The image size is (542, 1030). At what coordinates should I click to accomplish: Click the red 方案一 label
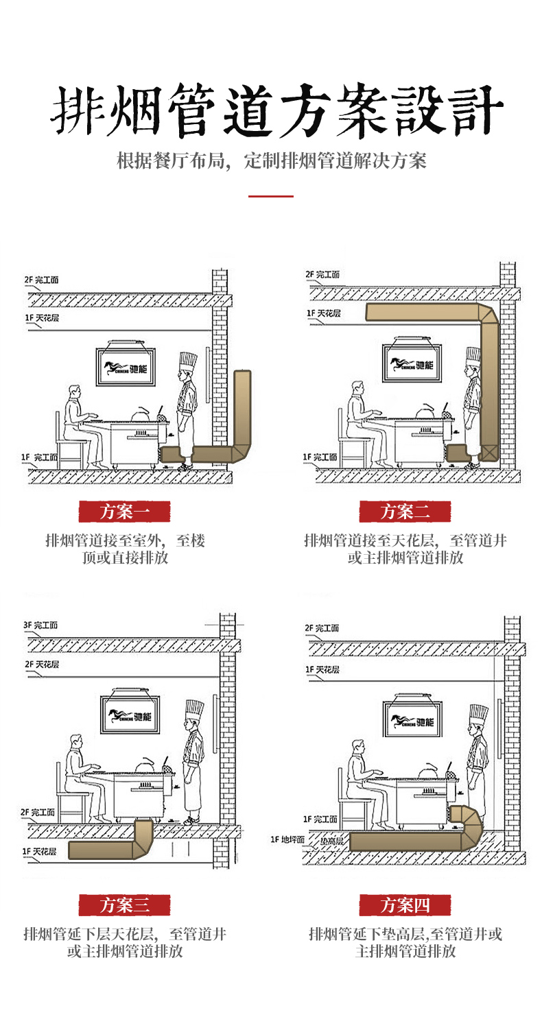coord(124,511)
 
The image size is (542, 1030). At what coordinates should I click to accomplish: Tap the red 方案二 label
coord(405,511)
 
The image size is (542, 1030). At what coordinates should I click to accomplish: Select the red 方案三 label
coord(124,905)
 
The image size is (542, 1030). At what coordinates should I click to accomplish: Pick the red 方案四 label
coord(405,905)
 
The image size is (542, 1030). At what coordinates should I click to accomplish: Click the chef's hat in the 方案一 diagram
coord(187,361)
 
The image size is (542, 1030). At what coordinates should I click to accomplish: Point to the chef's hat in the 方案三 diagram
coord(194,710)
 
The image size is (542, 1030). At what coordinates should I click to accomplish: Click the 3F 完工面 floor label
coord(41,625)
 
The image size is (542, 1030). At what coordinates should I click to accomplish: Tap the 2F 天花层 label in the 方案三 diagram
coord(42,664)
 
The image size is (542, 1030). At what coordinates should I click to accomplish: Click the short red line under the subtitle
coord(270,196)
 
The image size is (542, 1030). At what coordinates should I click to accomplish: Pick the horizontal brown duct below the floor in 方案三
coord(99,852)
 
